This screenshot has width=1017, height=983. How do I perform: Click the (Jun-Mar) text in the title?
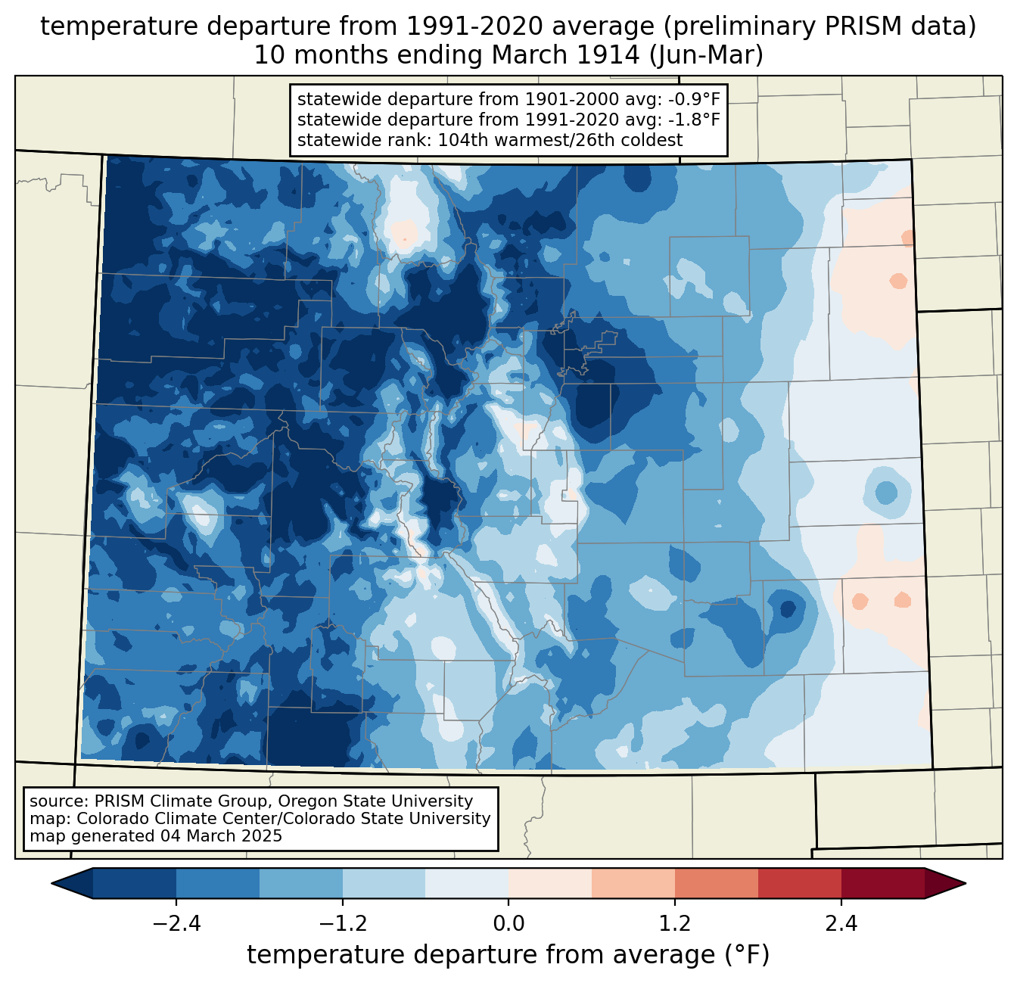(706, 55)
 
